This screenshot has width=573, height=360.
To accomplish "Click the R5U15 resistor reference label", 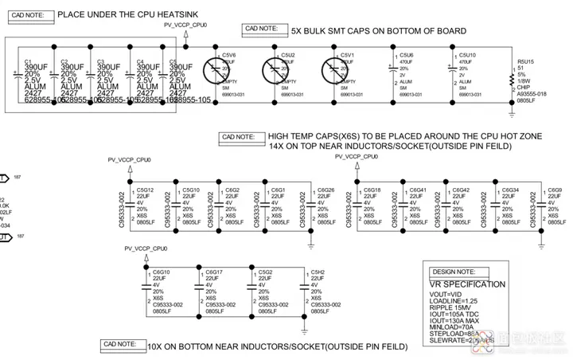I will pos(525,61).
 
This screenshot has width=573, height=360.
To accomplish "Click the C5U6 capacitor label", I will pos(407,55).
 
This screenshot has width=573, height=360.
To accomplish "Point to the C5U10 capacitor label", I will pos(467,55).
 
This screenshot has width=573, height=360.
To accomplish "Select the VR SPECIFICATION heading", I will pos(467,284).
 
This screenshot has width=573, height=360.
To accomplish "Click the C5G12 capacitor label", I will pos(145,190).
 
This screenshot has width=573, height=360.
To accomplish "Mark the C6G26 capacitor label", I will pos(325,190).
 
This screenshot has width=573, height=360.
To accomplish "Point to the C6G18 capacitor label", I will pos(372,190).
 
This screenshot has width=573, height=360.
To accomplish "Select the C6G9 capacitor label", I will pos(555,190).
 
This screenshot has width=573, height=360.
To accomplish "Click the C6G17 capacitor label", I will pos(214,272).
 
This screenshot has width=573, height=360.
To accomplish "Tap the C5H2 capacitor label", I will pos(318,272).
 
